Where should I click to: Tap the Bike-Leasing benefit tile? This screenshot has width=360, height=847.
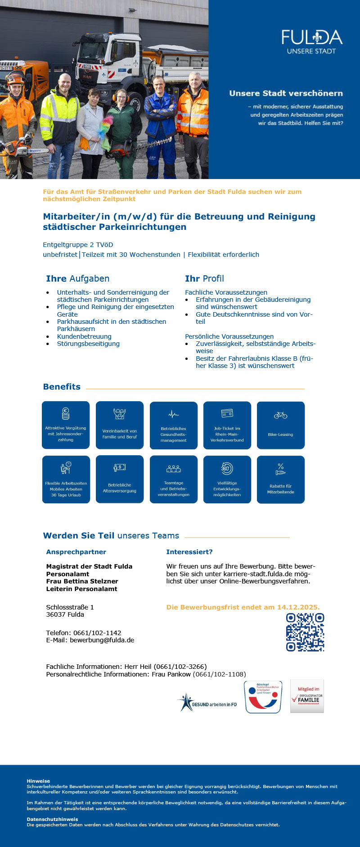point(280,425)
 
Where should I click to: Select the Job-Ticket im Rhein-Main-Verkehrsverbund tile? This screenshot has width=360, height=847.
point(227,425)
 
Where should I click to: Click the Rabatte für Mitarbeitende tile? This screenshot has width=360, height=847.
point(280,479)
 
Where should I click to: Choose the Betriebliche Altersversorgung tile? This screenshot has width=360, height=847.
point(120,479)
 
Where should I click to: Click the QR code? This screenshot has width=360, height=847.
point(305,632)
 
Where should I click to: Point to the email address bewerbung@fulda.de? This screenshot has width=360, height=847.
point(102,640)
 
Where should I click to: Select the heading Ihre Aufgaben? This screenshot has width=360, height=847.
point(77,278)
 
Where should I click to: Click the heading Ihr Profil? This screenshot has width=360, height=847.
point(204,278)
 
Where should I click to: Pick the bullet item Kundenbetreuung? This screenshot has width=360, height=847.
point(84,336)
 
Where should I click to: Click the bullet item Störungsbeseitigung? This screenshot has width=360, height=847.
point(88,344)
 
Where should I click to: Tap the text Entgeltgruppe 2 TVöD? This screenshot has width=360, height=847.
point(78,245)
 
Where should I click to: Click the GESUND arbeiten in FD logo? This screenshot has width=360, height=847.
point(207,703)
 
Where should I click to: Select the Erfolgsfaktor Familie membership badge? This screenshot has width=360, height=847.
point(307,696)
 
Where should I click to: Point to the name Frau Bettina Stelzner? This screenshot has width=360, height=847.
point(82,581)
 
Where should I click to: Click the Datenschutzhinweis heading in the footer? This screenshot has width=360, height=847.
point(52,819)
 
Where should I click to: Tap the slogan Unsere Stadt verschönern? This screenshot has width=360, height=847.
point(286,94)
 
